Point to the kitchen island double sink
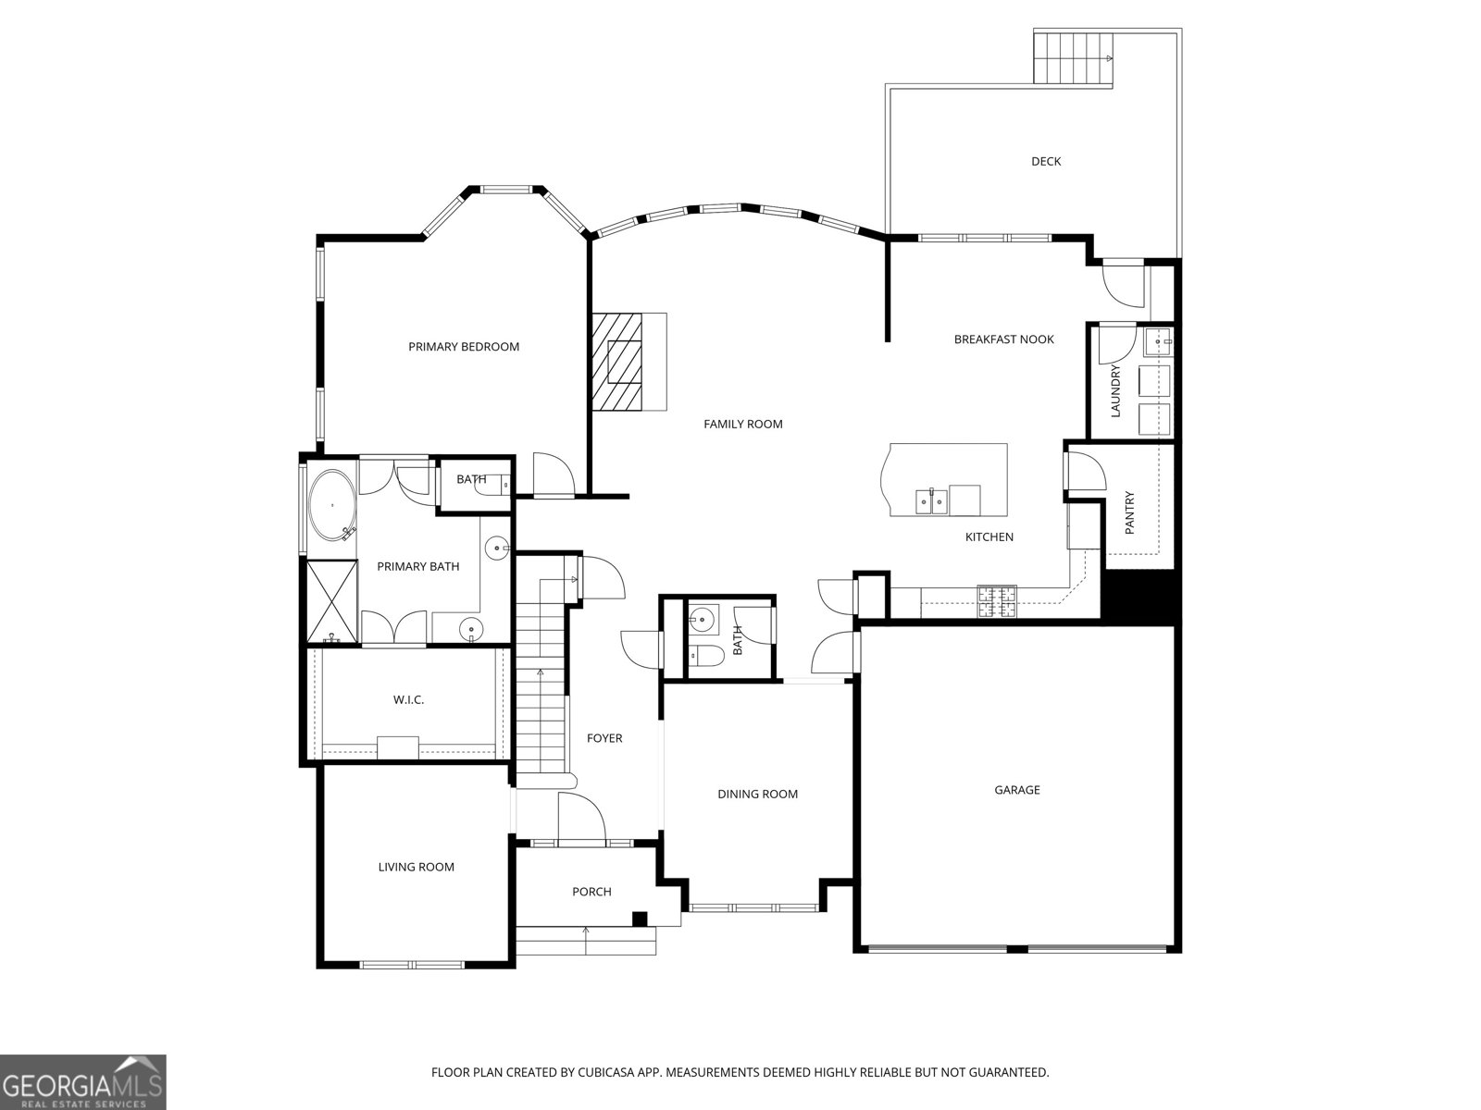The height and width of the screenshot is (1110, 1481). click(x=931, y=501)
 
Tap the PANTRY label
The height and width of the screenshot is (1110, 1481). click(x=1129, y=512)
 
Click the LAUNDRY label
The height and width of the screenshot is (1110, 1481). click(x=1115, y=390)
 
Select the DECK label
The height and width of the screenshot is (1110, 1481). click(x=1046, y=161)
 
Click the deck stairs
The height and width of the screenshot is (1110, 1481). click(x=1072, y=57)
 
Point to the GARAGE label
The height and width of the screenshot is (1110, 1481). click(x=1017, y=790)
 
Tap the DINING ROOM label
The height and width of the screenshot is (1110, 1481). click(x=757, y=794)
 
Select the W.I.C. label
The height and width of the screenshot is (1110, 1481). click(x=408, y=699)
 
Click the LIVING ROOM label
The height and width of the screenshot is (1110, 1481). click(x=416, y=867)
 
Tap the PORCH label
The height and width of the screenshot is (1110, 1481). click(x=591, y=892)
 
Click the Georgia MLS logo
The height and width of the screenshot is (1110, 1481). click(x=83, y=1081)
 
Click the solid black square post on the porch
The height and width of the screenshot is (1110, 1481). click(x=639, y=919)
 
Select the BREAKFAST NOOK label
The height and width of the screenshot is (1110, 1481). click(x=1003, y=339)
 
